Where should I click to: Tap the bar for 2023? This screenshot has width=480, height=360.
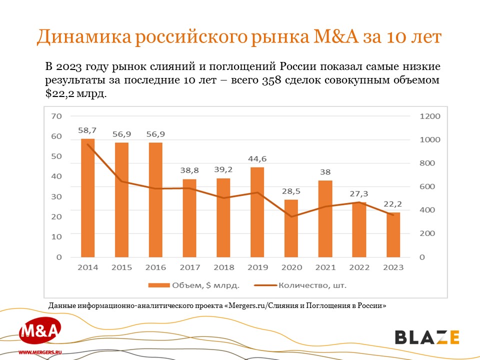[393, 234]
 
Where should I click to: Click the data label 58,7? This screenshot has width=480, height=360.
[87, 130]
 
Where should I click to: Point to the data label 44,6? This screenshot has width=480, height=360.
[257, 159]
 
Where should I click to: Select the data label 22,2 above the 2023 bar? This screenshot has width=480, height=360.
[393, 204]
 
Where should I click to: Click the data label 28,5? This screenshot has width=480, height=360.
[291, 191]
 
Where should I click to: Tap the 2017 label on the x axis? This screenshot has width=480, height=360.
[189, 267]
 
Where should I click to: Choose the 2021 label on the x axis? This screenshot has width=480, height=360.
[325, 267]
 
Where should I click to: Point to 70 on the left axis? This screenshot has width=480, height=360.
[56, 116]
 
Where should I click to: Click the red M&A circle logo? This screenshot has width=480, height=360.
[40, 331]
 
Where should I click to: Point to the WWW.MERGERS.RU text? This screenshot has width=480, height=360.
[39, 352]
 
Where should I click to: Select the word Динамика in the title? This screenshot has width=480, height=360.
[80, 38]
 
